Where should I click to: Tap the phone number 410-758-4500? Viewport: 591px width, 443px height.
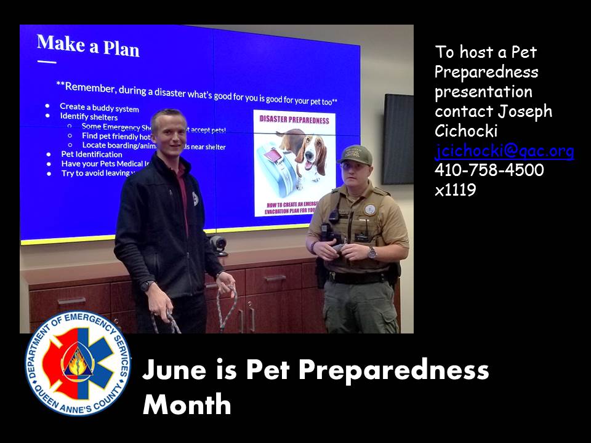tap(489, 170)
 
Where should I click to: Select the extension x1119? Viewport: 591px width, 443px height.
tap(455, 190)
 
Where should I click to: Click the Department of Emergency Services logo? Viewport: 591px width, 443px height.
tap(78, 364)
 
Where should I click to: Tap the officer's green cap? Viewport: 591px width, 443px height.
tap(355, 154)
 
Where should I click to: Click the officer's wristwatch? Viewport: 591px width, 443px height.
tap(372, 252)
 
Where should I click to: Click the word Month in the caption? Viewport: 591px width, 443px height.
tap(187, 405)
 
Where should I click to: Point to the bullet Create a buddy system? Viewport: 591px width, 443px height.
tap(99, 108)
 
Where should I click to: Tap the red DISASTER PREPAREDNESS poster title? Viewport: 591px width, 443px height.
tap(294, 120)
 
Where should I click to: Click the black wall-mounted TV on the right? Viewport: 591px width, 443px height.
tap(398, 139)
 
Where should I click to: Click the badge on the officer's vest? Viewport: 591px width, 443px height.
tap(369, 209)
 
